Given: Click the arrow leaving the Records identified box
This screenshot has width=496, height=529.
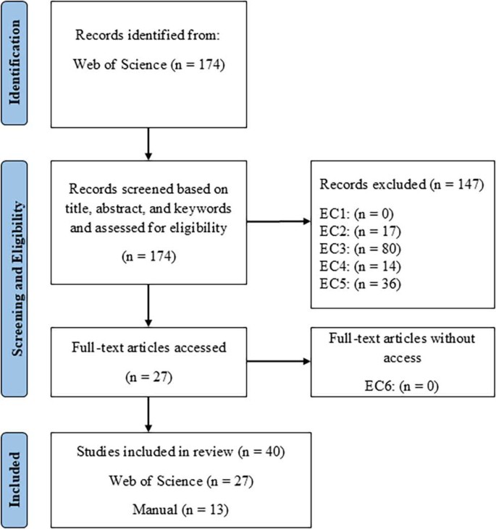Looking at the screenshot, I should (148, 143).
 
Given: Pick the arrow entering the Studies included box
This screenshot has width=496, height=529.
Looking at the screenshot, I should (148, 416).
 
